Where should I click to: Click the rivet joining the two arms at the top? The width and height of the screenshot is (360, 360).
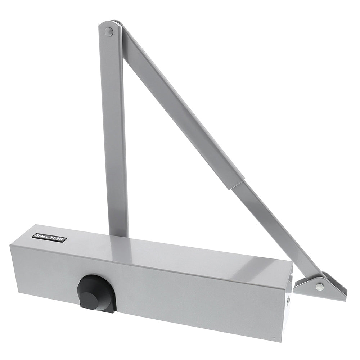(x=108, y=32)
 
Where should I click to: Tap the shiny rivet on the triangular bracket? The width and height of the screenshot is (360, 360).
(x=319, y=287)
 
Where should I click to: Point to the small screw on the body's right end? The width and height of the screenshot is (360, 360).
(x=288, y=299)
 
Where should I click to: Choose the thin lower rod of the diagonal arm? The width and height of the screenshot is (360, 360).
(x=274, y=230)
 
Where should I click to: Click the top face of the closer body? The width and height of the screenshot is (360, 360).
(x=162, y=252)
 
